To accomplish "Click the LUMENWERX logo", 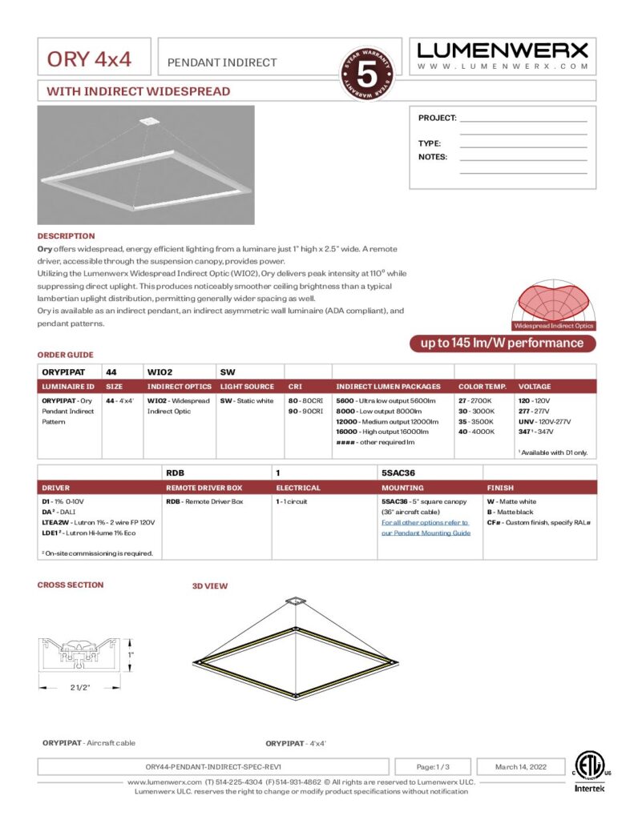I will click(503, 50).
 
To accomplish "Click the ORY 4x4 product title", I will click(89, 59).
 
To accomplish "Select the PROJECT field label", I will click(437, 118).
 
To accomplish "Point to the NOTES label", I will click(433, 157).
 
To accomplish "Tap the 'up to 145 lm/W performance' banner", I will click(503, 343).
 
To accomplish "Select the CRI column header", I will click(296, 386).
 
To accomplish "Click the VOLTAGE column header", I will click(535, 386).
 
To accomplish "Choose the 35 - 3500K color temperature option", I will click(476, 421).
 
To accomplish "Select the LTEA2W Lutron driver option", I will click(98, 522).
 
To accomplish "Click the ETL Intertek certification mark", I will click(590, 772).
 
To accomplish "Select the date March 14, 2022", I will click(520, 766).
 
